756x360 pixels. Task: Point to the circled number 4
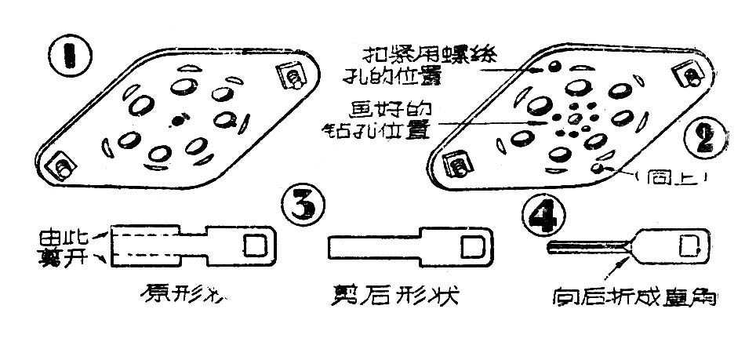coord(542,213)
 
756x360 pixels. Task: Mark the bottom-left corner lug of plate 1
coord(62,167)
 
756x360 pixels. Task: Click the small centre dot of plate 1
coord(179,120)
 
